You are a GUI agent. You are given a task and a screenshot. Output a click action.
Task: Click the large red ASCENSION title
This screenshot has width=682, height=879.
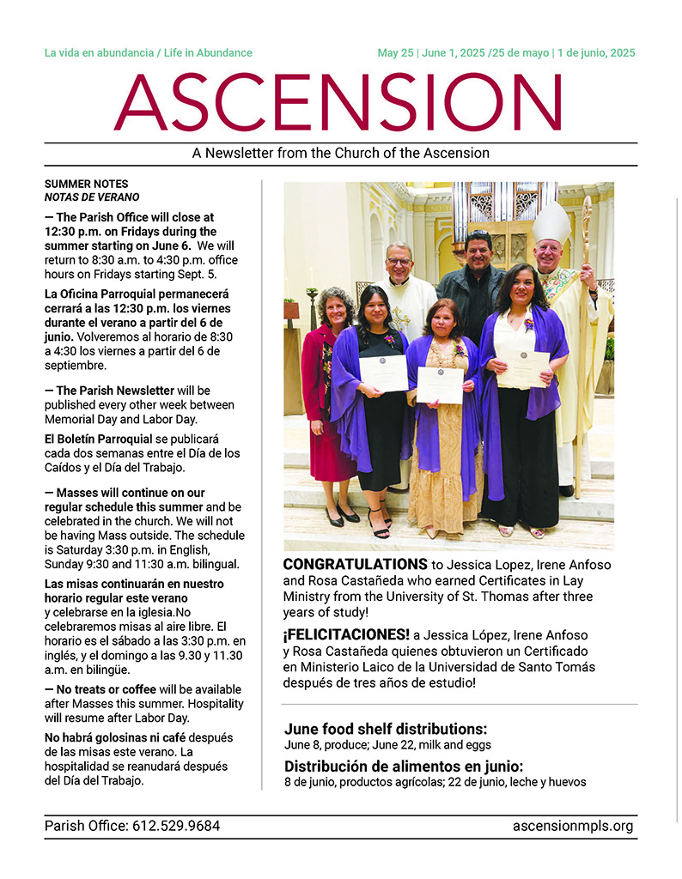click(x=339, y=103)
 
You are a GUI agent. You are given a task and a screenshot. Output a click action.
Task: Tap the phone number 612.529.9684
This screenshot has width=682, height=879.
click(x=176, y=827)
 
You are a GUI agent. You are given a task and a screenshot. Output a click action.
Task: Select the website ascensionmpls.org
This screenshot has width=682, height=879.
click(x=572, y=827)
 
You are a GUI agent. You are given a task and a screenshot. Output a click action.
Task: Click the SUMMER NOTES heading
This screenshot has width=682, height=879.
click(x=86, y=184)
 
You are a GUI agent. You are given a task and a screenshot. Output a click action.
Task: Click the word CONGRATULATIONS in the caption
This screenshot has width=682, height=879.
click(x=355, y=565)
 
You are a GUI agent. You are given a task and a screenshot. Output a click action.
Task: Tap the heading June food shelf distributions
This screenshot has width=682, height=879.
click(x=385, y=729)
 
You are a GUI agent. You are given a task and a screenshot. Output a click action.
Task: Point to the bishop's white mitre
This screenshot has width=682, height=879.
click(x=551, y=222)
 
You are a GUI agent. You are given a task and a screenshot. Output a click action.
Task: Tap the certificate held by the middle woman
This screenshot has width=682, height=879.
click(x=439, y=385)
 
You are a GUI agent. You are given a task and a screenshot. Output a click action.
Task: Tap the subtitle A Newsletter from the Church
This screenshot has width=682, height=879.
click(x=340, y=154)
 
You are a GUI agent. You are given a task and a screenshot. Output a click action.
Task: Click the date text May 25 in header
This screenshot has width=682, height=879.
click(x=395, y=53)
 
